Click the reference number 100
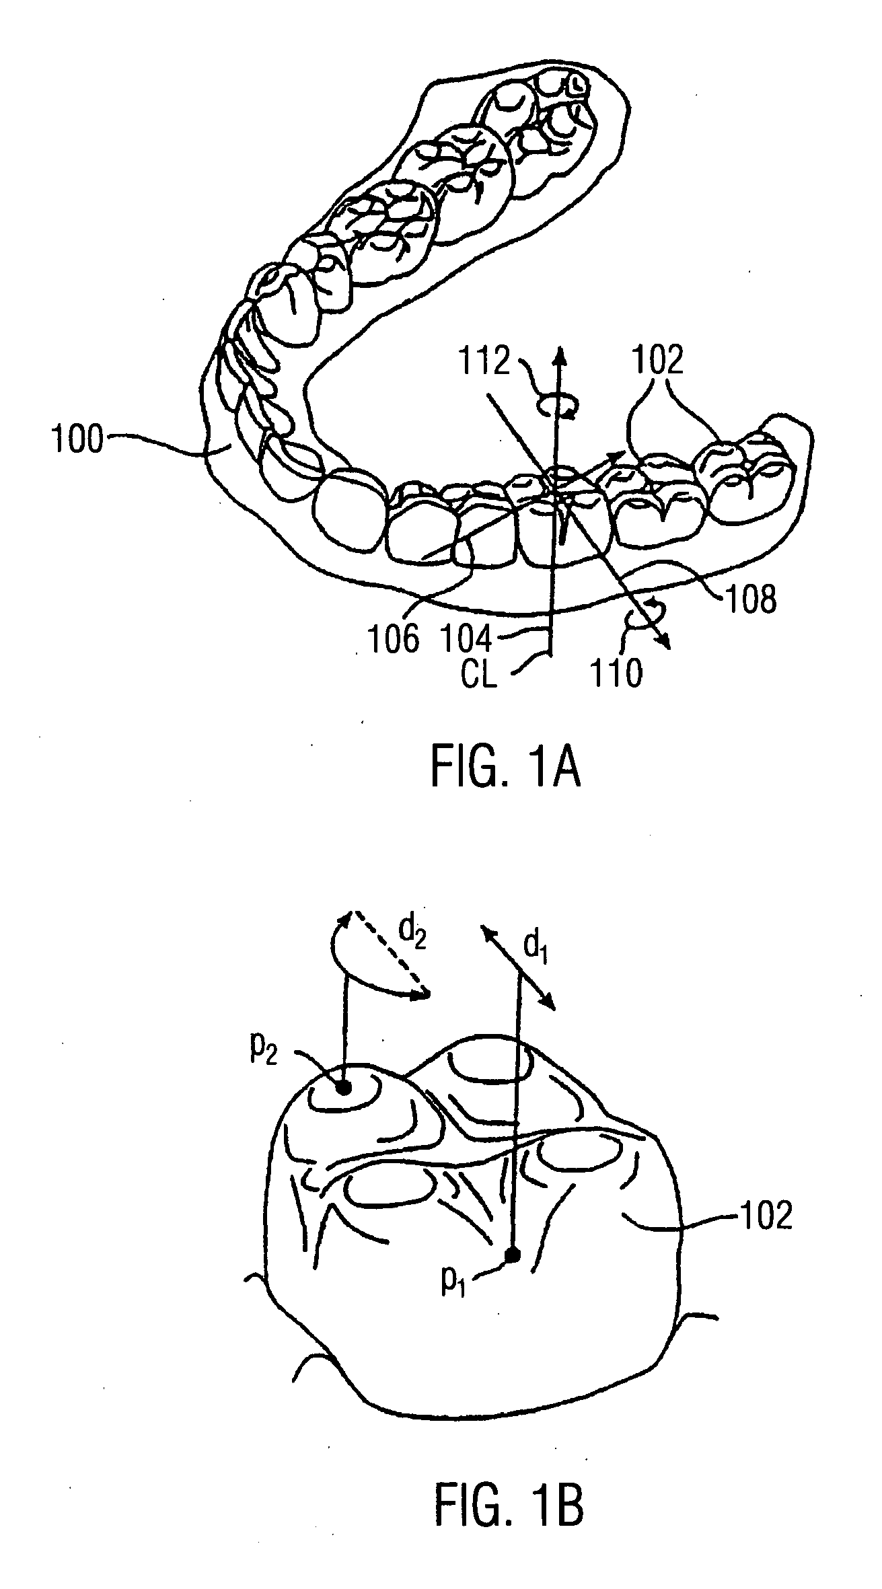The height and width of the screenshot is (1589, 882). coord(78,442)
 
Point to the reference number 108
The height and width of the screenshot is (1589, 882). coord(750,598)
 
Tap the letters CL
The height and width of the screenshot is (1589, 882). coord(478,675)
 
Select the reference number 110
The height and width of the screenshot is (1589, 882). coord(616,673)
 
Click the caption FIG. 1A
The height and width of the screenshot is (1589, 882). coord(505,770)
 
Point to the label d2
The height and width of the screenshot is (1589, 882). coord(410,930)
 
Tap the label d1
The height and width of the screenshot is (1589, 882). coord(535,947)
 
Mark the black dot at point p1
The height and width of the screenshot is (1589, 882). coord(513,1254)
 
